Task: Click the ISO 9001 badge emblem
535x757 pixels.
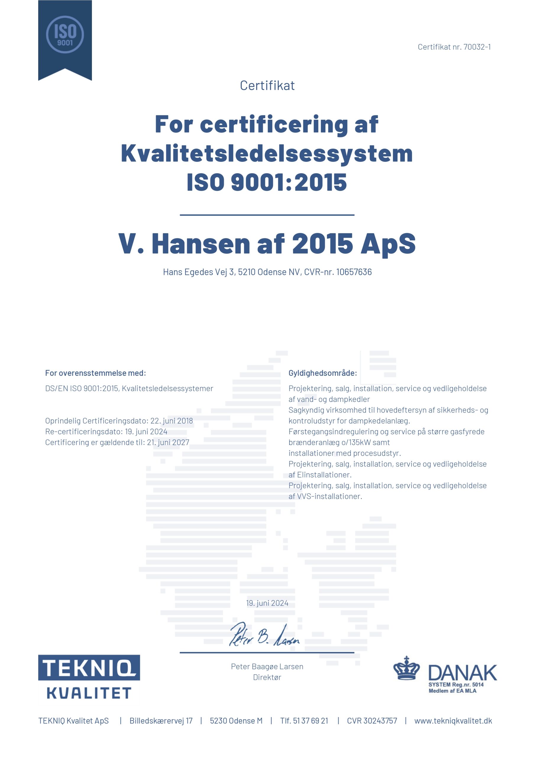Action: click(x=65, y=34)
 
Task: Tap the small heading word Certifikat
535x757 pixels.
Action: click(x=267, y=86)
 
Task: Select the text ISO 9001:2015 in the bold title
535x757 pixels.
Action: click(x=267, y=182)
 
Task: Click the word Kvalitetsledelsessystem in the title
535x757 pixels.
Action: click(x=267, y=154)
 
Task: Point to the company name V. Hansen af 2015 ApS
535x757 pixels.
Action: click(x=267, y=244)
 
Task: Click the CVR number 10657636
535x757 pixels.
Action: click(x=354, y=272)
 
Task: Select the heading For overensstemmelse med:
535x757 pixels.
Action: click(x=95, y=373)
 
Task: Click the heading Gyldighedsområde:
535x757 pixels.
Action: click(x=323, y=373)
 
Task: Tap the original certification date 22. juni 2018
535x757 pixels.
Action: click(x=172, y=421)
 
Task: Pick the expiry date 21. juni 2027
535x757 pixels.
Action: click(x=168, y=442)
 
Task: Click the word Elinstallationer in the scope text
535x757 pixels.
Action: click(x=324, y=474)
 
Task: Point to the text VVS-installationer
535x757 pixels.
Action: click(x=329, y=496)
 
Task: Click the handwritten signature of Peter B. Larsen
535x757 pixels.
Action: click(x=264, y=635)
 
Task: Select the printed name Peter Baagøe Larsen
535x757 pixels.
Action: click(x=267, y=666)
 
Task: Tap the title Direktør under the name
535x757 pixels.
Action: click(x=267, y=677)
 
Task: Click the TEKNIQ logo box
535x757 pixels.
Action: click(x=89, y=668)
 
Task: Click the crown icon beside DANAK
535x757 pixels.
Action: click(x=406, y=668)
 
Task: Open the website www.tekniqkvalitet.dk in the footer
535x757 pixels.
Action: click(x=453, y=721)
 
